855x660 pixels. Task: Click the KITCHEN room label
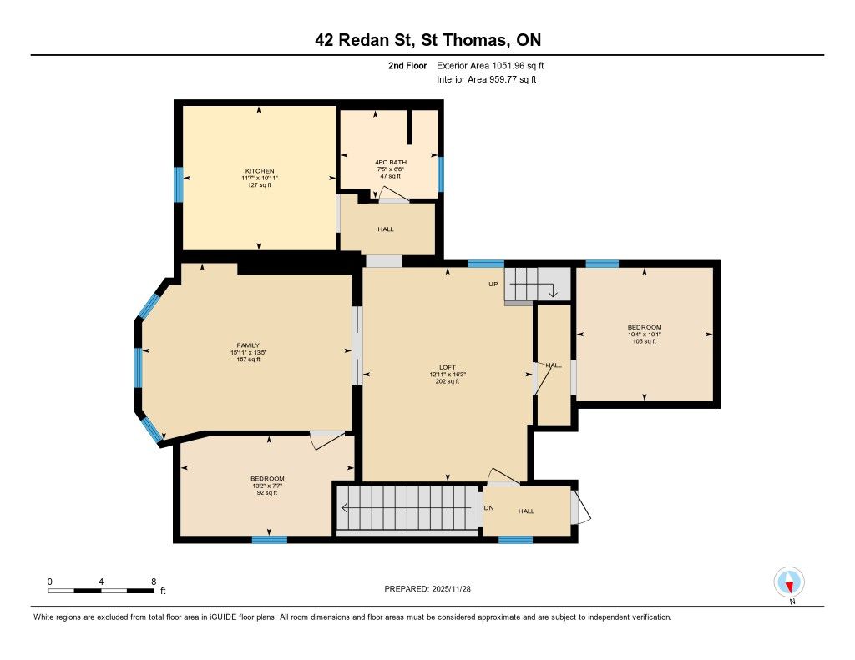[260, 171]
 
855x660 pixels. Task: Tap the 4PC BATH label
[391, 163]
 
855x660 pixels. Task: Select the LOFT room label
[448, 367]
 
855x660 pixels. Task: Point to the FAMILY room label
[248, 345]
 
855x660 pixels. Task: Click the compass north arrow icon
[789, 582]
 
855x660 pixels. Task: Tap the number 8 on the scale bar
[154, 582]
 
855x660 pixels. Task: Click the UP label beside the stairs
[493, 284]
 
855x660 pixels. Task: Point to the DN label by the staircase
[488, 508]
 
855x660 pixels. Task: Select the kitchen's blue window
[179, 184]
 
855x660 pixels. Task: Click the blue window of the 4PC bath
[441, 174]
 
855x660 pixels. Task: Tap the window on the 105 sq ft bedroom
[602, 265]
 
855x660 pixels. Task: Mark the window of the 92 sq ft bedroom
[270, 540]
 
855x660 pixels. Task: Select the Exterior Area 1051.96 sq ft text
[490, 65]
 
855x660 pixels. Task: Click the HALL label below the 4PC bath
[386, 229]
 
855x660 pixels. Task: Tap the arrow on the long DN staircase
[407, 508]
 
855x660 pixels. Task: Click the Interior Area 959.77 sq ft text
[487, 79]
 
